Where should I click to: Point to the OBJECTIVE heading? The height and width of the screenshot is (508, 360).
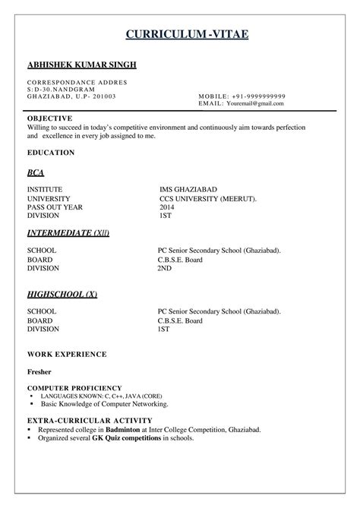pos(49,118)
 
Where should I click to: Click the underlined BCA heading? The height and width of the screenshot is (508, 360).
pos(36,172)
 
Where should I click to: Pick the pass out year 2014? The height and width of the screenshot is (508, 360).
pos(166,207)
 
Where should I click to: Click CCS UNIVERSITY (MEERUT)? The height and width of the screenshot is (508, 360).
pos(208,198)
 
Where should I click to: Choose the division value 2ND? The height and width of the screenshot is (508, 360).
pos(164,267)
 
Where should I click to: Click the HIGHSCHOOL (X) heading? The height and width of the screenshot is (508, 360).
pos(62,294)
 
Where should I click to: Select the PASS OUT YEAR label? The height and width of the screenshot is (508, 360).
pos(55,207)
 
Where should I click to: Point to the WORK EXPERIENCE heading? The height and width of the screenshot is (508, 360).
pos(67,355)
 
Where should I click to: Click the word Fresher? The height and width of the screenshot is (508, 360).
pos(39,373)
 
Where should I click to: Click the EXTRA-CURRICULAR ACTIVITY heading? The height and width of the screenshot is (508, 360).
pos(90,420)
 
